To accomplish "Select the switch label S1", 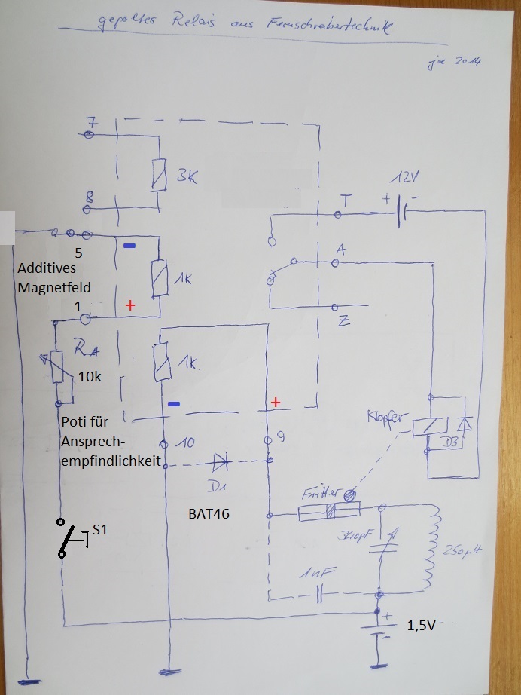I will tap(100, 530).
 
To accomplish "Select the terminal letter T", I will tap(346, 200).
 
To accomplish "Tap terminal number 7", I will tap(90, 123).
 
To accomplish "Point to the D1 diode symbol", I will tap(219, 461).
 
